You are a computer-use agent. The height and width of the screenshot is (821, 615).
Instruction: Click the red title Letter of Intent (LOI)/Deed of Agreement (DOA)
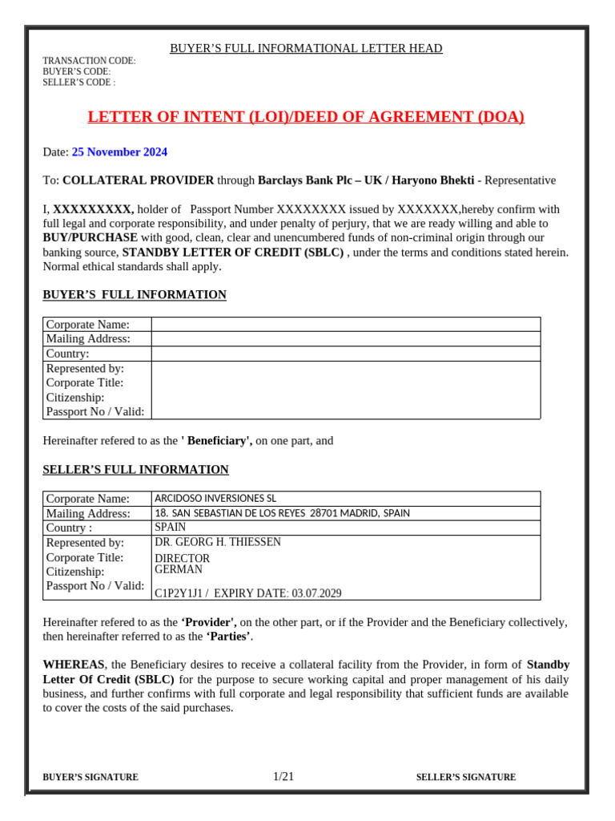(305, 117)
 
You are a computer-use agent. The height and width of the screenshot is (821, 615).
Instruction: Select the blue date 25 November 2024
(119, 152)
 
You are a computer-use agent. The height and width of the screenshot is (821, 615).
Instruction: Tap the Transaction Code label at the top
(89, 61)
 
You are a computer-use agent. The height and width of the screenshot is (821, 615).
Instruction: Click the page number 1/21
(283, 776)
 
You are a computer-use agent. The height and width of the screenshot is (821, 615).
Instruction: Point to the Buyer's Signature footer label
(90, 777)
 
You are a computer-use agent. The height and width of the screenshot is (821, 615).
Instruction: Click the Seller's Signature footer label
(466, 777)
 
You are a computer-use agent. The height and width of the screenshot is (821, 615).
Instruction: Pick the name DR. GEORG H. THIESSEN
(217, 542)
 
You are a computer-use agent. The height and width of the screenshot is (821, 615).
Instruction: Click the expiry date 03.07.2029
(316, 593)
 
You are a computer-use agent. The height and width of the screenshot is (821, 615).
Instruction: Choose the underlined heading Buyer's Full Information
(135, 295)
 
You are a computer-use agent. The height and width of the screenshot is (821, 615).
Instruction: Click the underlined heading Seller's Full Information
(135, 470)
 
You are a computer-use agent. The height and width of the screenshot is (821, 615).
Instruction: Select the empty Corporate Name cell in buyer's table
(345, 324)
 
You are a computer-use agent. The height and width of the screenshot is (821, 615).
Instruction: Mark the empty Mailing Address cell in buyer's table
(345, 338)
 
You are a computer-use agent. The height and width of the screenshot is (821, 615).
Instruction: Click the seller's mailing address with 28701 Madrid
(281, 513)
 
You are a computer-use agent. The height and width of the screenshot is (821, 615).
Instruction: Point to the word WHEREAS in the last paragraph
(73, 665)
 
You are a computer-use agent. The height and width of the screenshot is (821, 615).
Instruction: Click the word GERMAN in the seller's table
(179, 569)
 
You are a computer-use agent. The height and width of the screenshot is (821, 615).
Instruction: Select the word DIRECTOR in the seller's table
(182, 558)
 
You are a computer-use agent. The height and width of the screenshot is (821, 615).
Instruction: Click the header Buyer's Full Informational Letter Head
(306, 49)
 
